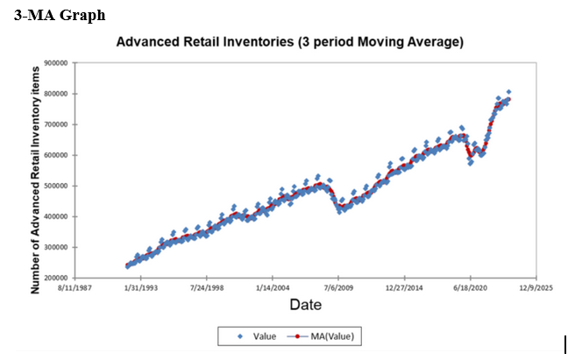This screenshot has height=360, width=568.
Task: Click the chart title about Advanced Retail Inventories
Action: tap(289, 42)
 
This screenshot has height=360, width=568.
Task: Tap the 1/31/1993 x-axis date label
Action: tap(141, 286)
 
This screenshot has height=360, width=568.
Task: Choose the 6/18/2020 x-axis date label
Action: tap(470, 286)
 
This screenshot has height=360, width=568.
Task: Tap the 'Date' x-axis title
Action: tap(305, 304)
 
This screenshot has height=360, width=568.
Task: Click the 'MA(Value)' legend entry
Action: tap(329, 335)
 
